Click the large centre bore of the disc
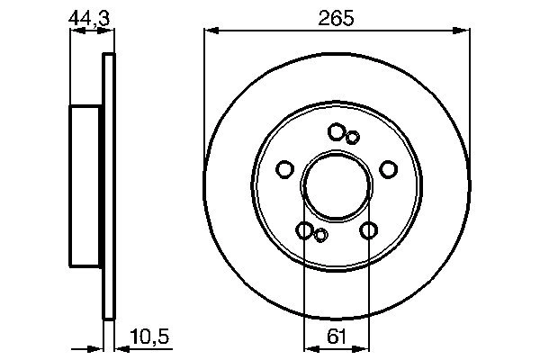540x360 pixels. (x=337, y=185)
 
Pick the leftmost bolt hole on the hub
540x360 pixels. (x=284, y=169)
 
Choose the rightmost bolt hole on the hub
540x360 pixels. (x=389, y=168)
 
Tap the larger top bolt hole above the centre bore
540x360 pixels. (x=337, y=132)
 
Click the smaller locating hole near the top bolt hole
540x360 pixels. (x=353, y=137)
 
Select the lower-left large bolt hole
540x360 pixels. (x=304, y=230)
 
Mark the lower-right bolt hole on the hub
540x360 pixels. (x=368, y=230)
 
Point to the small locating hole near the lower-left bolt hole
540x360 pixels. (x=320, y=236)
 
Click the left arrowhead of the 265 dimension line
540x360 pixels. (x=210, y=31)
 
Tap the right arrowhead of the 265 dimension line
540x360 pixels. (x=465, y=31)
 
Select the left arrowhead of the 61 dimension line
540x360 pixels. (x=309, y=346)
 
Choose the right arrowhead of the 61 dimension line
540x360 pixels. (x=364, y=346)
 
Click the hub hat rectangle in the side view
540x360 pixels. (x=87, y=185)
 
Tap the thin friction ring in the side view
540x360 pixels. (x=110, y=185)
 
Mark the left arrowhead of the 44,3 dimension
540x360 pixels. (x=75, y=31)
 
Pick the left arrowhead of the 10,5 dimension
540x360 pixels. (x=99, y=346)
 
